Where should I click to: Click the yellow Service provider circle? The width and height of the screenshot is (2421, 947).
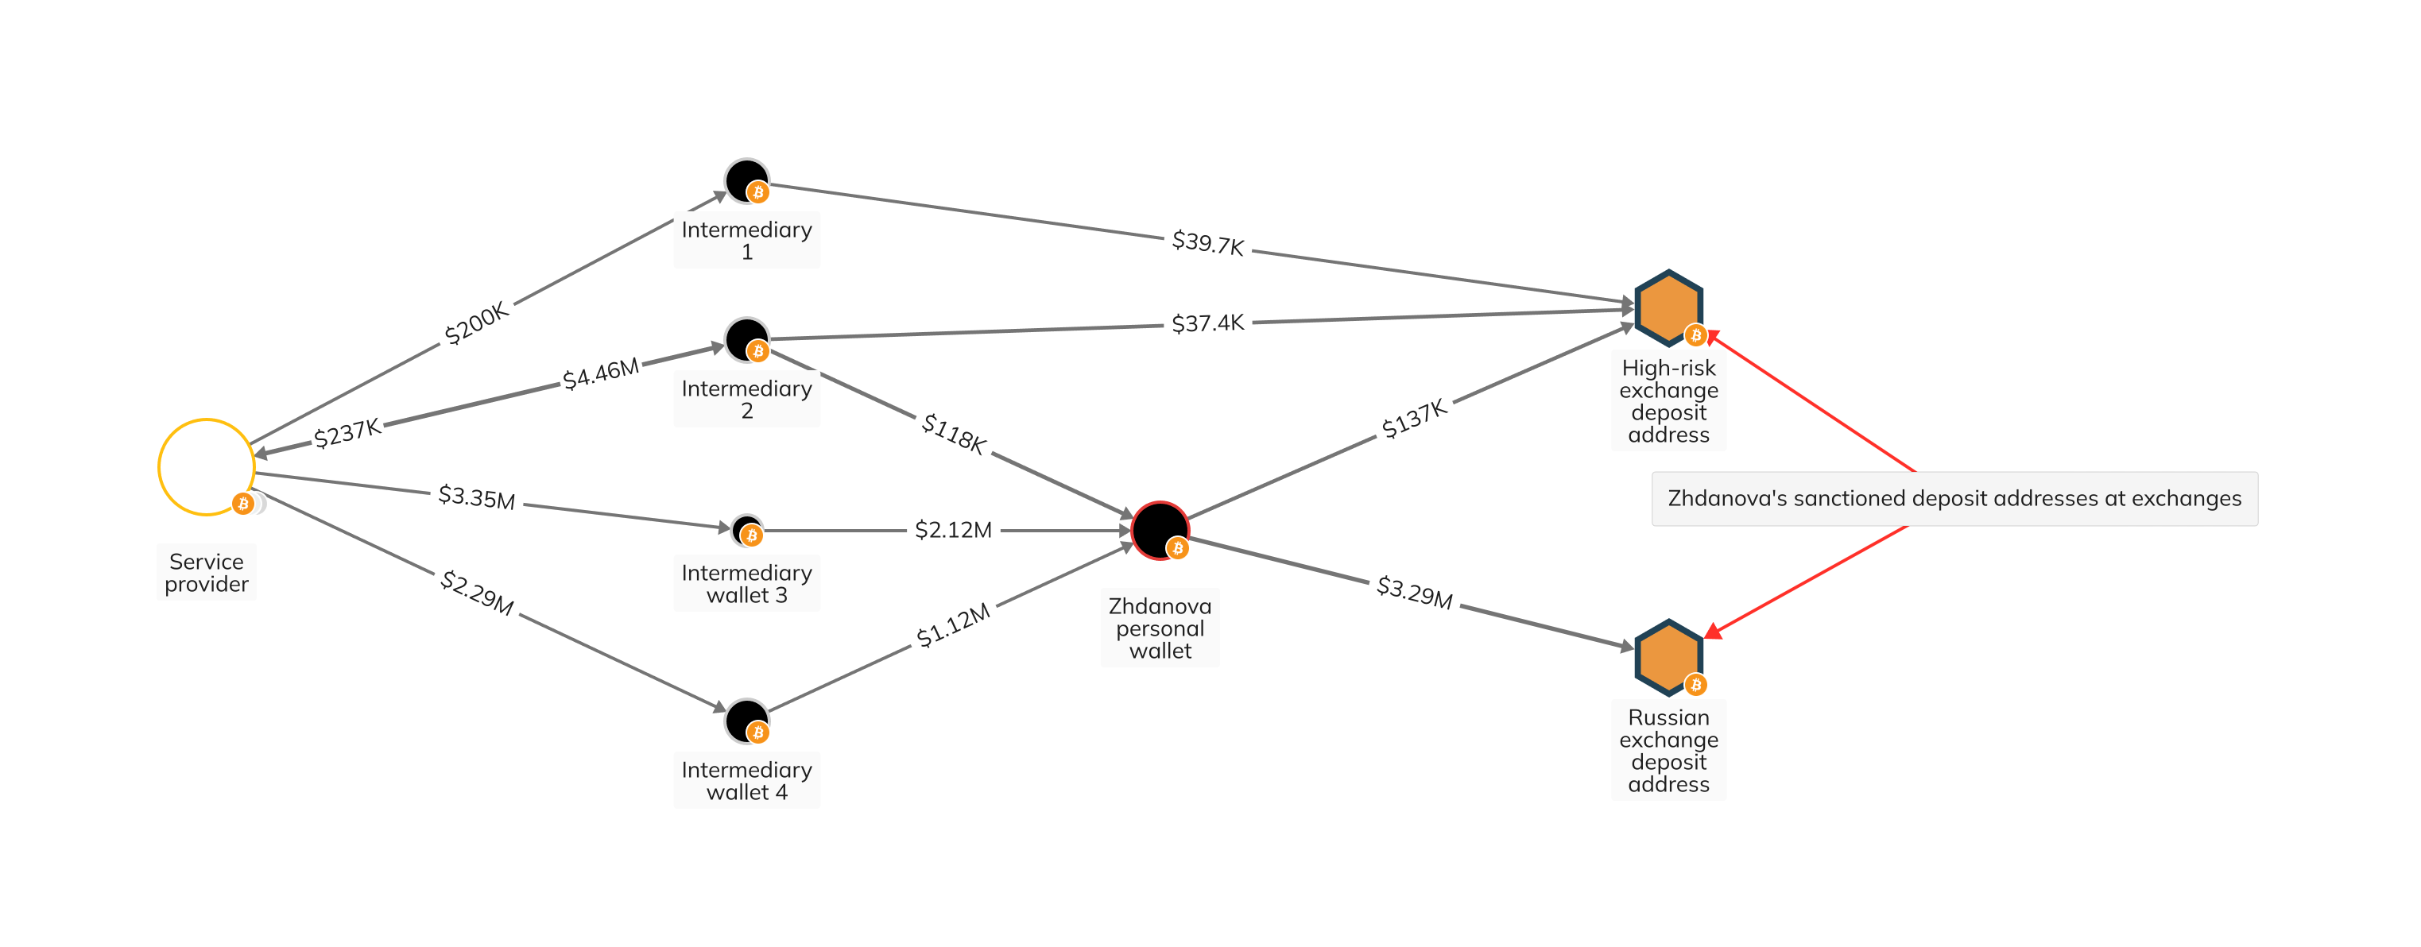click(x=206, y=467)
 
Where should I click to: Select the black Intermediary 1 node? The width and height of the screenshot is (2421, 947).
click(x=746, y=180)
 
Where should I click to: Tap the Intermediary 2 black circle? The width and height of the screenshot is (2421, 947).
click(x=746, y=339)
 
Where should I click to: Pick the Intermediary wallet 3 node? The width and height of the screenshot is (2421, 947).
click(x=746, y=530)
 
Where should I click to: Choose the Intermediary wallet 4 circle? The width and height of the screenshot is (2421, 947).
click(x=746, y=721)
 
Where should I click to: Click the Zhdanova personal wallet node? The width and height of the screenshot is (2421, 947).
click(x=1160, y=530)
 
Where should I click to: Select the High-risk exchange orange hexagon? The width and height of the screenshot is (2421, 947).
click(x=1668, y=307)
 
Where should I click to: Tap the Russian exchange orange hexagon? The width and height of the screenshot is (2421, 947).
click(x=1668, y=657)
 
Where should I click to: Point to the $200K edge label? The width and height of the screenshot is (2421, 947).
click(x=477, y=323)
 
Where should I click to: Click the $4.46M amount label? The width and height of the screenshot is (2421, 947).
click(x=601, y=373)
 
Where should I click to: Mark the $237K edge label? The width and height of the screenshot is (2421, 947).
click(x=347, y=433)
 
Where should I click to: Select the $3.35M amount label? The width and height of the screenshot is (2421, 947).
click(x=477, y=497)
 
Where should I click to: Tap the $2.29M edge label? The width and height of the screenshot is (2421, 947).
click(x=477, y=593)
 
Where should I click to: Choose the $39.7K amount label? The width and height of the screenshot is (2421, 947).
click(x=1207, y=243)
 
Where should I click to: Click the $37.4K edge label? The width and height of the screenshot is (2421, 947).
click(x=1207, y=323)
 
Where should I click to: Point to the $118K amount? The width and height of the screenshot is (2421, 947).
click(x=954, y=433)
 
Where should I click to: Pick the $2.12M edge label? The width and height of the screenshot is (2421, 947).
click(x=953, y=530)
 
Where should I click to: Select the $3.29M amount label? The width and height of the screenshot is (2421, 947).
click(x=1415, y=592)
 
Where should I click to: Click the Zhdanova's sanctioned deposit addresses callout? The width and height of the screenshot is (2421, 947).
click(x=1954, y=498)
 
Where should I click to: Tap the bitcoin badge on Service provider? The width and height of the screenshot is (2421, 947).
click(x=243, y=504)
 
